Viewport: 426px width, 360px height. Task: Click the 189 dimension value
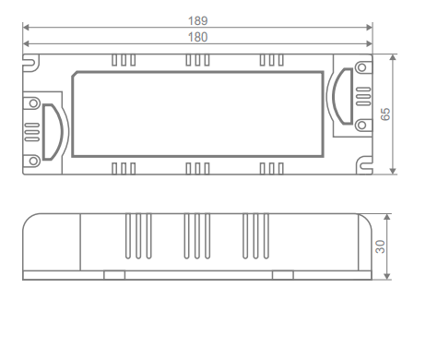196,19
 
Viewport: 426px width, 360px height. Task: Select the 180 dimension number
196,37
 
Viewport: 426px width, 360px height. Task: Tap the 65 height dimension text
387,113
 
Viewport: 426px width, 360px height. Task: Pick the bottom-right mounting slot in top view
362,164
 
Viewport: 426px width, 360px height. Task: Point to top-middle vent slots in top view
197,59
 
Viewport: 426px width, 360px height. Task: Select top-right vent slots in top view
271,59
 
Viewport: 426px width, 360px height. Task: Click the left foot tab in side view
114,273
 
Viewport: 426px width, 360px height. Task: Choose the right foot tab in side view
284,273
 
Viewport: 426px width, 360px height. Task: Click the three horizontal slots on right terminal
362,95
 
